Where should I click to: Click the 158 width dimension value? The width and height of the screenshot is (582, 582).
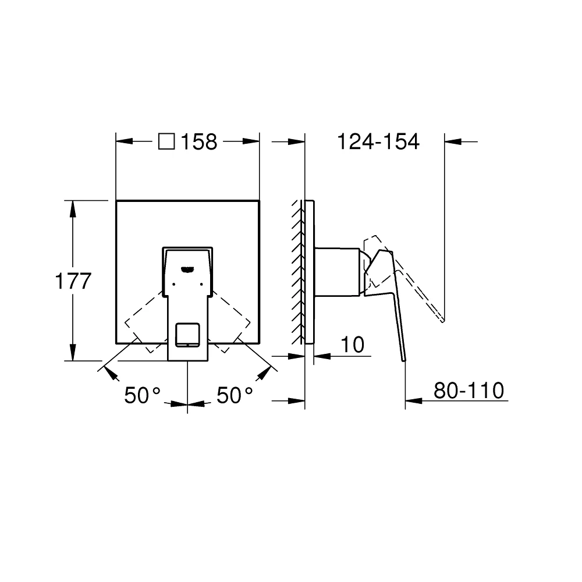click(x=198, y=141)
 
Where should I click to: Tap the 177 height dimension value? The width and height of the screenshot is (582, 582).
click(x=73, y=281)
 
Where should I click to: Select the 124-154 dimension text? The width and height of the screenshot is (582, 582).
click(x=378, y=141)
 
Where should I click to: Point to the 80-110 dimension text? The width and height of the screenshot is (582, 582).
click(x=469, y=391)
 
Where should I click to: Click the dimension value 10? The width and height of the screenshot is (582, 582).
click(x=352, y=345)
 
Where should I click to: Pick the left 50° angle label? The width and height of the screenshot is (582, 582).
click(x=141, y=396)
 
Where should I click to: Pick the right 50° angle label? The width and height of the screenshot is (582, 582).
click(x=235, y=396)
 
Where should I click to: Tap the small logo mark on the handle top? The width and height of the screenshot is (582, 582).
click(x=187, y=269)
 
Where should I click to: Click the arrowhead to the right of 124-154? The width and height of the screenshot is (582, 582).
click(x=452, y=141)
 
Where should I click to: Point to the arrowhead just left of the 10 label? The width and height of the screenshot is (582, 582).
click(x=321, y=354)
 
